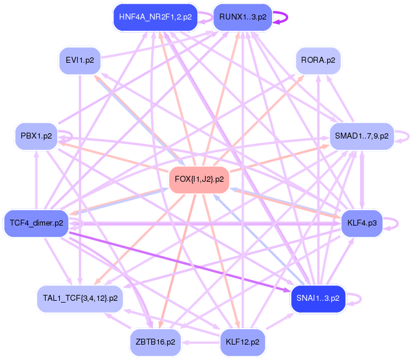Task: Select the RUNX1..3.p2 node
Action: pyautogui.click(x=242, y=17)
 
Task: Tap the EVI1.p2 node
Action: pyautogui.click(x=79, y=60)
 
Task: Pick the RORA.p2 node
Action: pyautogui.click(x=318, y=60)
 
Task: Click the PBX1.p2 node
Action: pyautogui.click(x=36, y=136)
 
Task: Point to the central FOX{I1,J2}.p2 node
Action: pyautogui.click(x=199, y=179)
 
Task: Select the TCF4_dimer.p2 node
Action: pyautogui.click(x=36, y=223)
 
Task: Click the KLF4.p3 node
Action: pyautogui.click(x=363, y=223)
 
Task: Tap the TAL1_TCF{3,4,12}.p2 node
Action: pyautogui.click(x=79, y=298)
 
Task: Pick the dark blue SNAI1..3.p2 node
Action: pyautogui.click(x=318, y=298)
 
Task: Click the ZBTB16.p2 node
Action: pyautogui.click(x=155, y=342)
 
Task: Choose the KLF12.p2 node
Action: pyautogui.click(x=242, y=342)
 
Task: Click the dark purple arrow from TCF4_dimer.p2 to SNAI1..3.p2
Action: pyautogui.click(x=178, y=261)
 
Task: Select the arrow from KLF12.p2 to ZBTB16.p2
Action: pyautogui.click(x=199, y=342)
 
